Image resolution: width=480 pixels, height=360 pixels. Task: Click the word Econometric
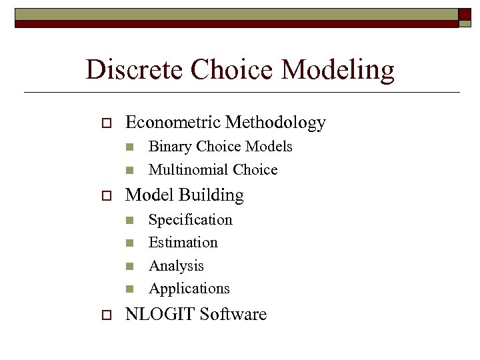(x=173, y=122)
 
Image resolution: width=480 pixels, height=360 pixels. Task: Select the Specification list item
(x=190, y=220)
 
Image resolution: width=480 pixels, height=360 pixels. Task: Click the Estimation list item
(x=183, y=242)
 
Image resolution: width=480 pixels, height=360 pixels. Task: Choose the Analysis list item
(x=176, y=266)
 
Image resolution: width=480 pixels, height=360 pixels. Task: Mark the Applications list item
(x=189, y=289)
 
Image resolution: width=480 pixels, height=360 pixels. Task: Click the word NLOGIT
(x=159, y=314)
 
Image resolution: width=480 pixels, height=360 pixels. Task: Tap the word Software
(x=233, y=314)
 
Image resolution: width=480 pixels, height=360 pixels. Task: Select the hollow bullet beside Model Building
(x=105, y=196)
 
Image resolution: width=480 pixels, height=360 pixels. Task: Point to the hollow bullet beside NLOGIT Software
(x=105, y=315)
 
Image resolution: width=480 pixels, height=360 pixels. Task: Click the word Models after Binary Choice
(x=269, y=147)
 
